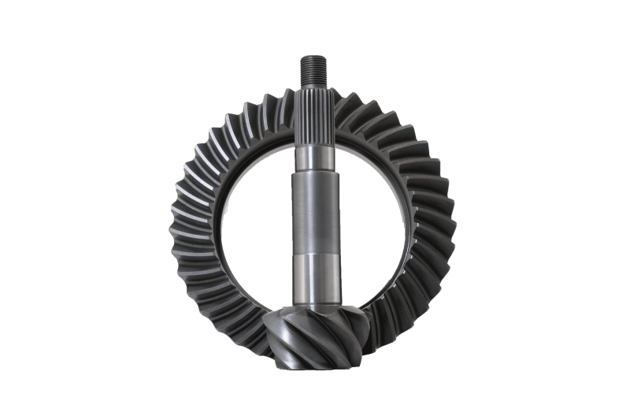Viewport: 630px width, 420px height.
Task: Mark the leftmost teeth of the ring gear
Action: pyautogui.click(x=183, y=221)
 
